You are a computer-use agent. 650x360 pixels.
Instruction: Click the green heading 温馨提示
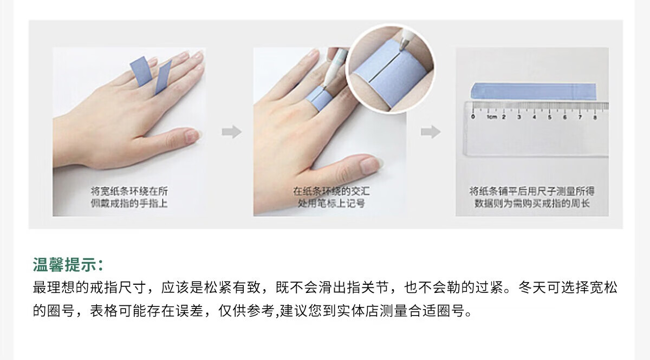click(64, 264)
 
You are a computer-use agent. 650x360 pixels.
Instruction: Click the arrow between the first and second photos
click(232, 132)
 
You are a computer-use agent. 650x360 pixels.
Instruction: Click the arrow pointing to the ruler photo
click(431, 132)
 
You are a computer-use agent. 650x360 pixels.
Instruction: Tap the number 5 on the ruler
click(549, 117)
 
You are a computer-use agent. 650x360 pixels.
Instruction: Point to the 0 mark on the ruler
click(473, 116)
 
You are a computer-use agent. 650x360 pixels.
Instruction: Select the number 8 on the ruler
click(595, 117)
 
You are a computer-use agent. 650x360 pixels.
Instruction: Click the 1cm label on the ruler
click(492, 117)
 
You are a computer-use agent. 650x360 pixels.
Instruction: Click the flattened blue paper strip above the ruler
click(534, 91)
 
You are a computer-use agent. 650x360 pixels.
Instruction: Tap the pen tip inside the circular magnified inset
click(401, 48)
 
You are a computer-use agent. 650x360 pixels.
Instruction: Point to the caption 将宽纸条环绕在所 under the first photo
click(129, 191)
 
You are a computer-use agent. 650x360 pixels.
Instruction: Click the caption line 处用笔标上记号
click(331, 203)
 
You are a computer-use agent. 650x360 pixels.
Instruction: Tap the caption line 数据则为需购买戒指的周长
click(532, 203)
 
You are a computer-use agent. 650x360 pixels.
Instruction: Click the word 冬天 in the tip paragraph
click(533, 287)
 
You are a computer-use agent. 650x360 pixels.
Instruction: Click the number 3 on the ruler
click(519, 117)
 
